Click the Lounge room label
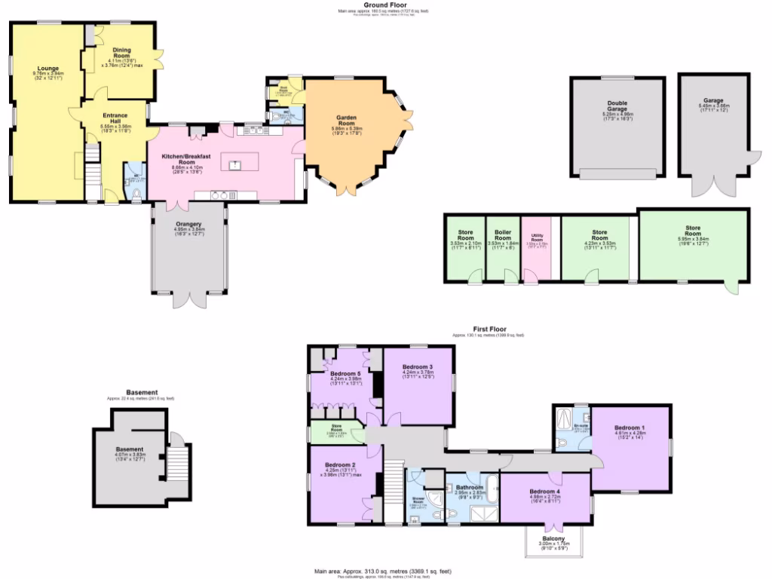[47, 68]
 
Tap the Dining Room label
[122, 55]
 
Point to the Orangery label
[188, 224]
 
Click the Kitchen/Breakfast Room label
[178, 159]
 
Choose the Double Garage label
[617, 106]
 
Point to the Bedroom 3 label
[418, 366]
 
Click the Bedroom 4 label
[544, 492]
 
